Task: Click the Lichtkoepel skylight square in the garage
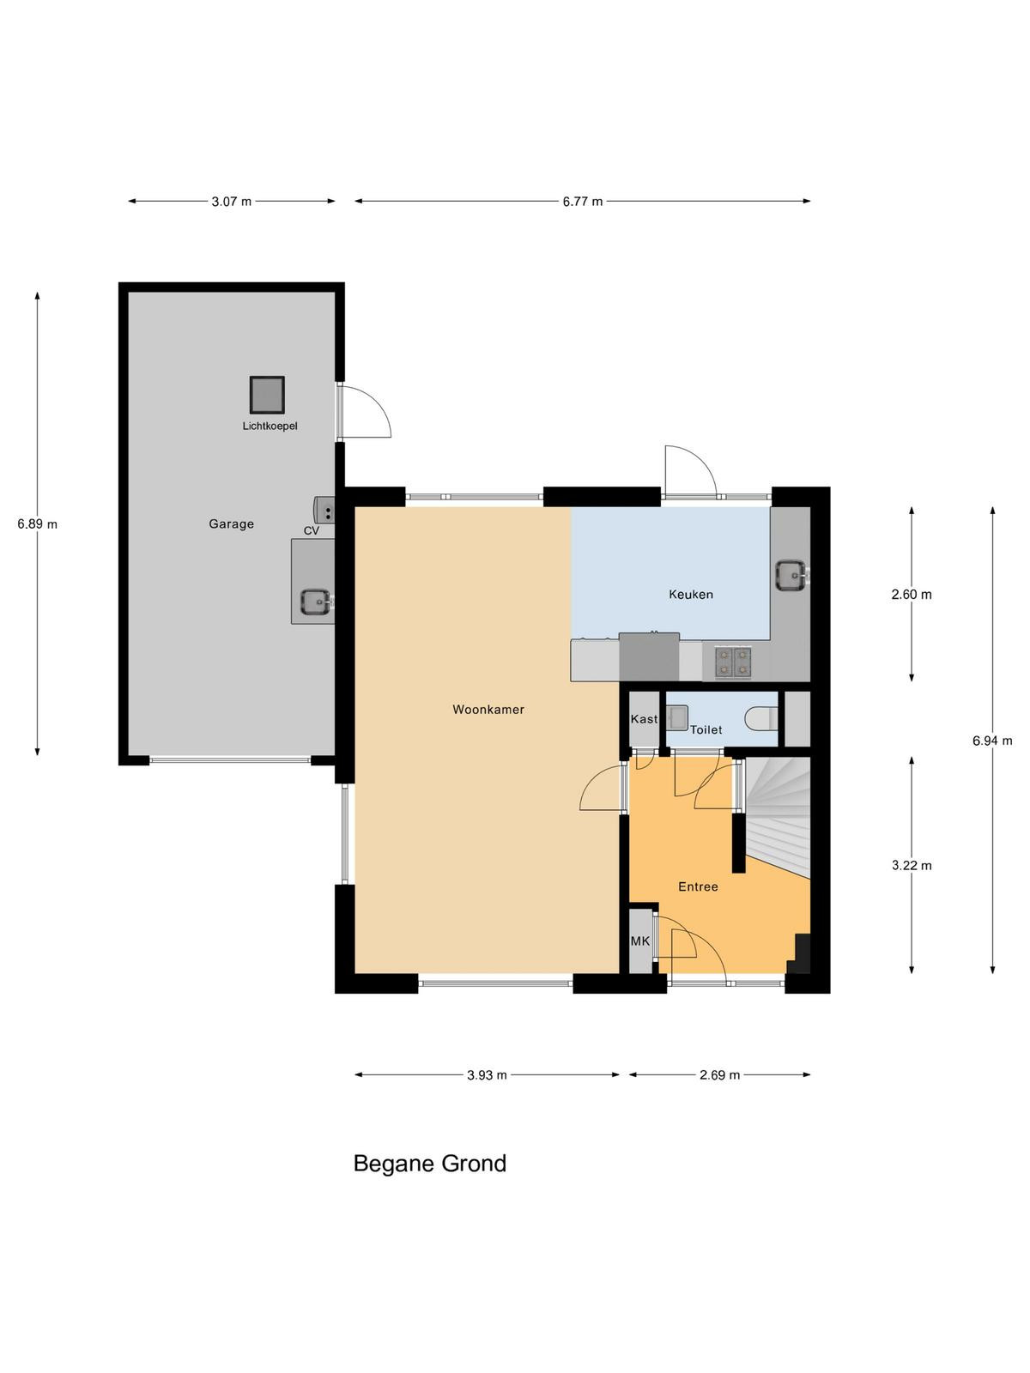[267, 395]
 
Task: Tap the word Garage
[232, 524]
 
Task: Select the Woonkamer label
[488, 710]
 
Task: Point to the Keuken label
[691, 594]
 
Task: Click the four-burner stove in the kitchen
[733, 662]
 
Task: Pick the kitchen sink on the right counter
[791, 574]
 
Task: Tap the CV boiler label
[312, 531]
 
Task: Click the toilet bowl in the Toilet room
[762, 719]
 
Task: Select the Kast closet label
[644, 719]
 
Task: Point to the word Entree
[698, 886]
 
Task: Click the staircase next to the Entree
[776, 814]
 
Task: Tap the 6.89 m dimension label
[38, 524]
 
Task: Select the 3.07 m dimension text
[232, 202]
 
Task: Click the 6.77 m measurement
[582, 202]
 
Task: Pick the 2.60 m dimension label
[912, 594]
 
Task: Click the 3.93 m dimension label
[487, 1075]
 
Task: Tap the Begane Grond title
[430, 1164]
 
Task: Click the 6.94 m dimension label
[992, 741]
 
